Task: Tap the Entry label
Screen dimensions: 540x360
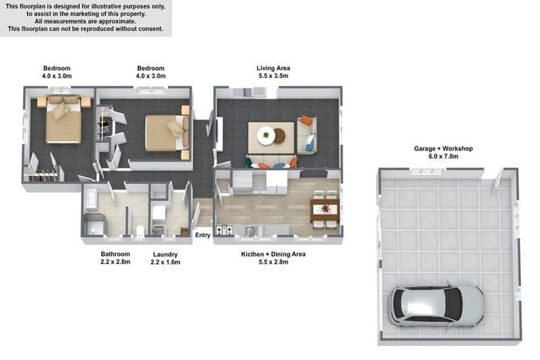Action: (202, 235)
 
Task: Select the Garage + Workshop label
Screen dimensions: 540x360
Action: (443, 148)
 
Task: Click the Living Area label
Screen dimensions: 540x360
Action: (273, 68)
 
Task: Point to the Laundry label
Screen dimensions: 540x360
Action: (165, 255)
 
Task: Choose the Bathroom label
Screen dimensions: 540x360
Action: (115, 254)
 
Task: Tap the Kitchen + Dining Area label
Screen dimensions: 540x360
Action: (273, 255)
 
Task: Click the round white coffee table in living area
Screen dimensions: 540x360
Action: (266, 135)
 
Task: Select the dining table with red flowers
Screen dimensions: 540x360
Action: (325, 210)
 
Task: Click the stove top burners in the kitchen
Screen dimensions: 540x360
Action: (224, 229)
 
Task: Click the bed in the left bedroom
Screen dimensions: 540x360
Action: (64, 120)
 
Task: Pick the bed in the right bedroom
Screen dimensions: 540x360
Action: (167, 133)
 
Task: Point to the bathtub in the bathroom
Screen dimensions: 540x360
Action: (91, 200)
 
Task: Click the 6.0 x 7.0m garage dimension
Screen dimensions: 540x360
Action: (443, 156)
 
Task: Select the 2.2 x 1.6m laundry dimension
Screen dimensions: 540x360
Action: (165, 262)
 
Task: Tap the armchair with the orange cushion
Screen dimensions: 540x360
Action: (307, 135)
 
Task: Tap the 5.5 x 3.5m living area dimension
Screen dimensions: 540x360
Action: (273, 76)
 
